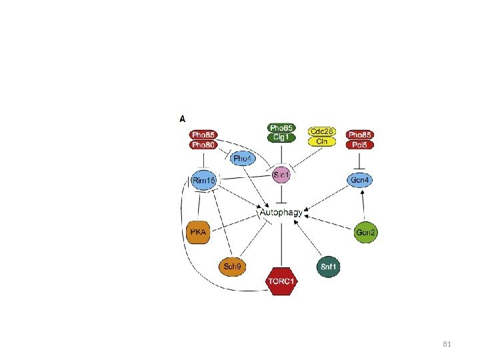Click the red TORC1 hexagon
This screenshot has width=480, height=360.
(281, 282)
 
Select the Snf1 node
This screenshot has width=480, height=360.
(328, 267)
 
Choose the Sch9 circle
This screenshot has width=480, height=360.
(232, 267)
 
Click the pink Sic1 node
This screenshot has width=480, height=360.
(281, 175)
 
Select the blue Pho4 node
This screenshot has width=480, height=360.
(242, 159)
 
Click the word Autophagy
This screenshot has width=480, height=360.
(281, 213)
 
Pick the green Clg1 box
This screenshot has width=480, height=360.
(281, 137)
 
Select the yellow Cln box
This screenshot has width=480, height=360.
(322, 141)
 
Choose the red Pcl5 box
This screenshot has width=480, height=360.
(361, 144)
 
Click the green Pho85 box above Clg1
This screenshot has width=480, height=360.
(281, 128)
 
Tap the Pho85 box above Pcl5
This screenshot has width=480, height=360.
(361, 135)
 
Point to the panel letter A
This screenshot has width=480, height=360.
(182, 119)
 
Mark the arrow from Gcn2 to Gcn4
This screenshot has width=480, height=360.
(362, 203)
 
